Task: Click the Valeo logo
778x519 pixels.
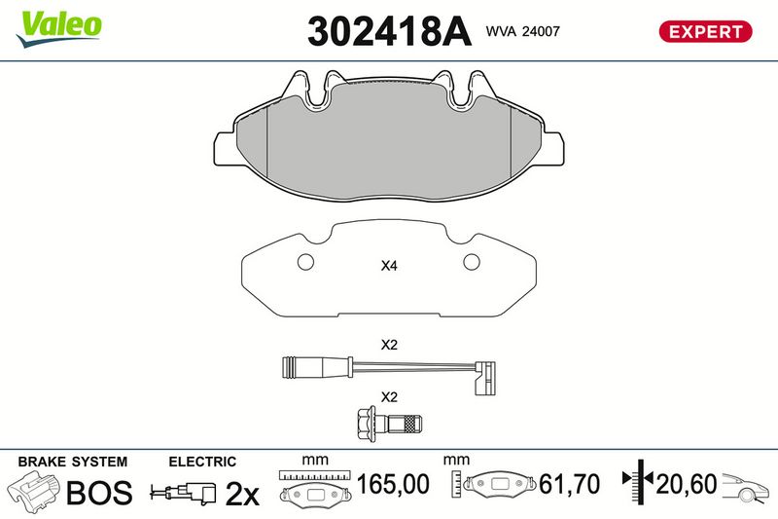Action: pos(59,29)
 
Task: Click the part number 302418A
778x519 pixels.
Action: pos(389,31)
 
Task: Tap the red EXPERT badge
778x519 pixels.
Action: pos(705,32)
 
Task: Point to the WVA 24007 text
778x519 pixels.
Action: pos(522,31)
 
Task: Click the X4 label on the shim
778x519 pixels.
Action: pos(389,266)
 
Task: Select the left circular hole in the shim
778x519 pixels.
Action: pos(305,262)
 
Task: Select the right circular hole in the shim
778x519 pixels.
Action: pos(472,262)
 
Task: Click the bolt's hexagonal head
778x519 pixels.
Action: pos(366,424)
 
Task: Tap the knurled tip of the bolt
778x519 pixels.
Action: pos(412,424)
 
